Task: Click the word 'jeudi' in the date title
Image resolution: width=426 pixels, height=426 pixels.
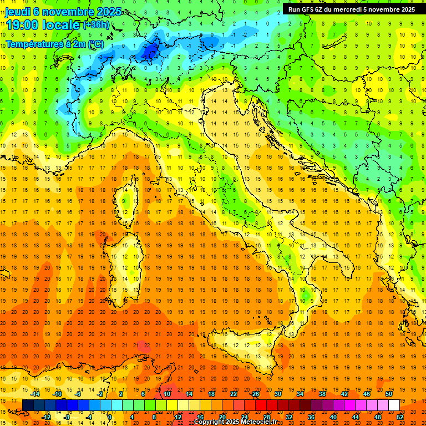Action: (17, 11)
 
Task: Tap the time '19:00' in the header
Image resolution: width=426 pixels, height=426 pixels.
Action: (22, 25)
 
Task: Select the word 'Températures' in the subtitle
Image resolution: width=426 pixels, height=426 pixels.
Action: (32, 43)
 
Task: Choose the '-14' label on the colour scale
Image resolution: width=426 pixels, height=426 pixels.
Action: (35, 394)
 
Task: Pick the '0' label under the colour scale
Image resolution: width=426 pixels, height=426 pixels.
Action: (110, 417)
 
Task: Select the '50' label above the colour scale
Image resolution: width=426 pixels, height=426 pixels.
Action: (389, 394)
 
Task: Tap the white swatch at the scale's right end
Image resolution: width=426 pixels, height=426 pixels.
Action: (394, 405)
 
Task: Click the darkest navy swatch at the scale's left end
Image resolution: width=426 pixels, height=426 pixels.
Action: (28, 405)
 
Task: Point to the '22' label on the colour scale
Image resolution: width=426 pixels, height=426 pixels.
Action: (234, 394)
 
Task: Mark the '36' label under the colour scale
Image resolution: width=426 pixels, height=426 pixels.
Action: (311, 417)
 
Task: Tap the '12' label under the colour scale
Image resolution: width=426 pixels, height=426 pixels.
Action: (177, 417)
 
